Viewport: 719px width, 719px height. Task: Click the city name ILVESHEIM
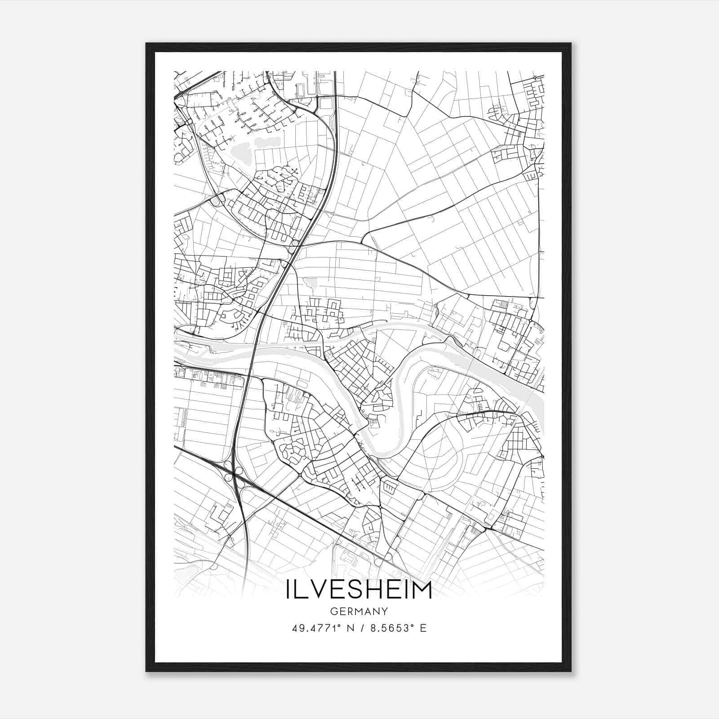tap(359, 590)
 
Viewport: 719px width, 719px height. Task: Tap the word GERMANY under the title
tap(359, 612)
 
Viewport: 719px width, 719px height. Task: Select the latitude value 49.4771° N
tap(320, 628)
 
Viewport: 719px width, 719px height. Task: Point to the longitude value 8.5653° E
tap(398, 628)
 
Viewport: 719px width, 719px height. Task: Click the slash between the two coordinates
tap(362, 628)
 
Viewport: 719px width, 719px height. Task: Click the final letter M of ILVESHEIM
tap(422, 590)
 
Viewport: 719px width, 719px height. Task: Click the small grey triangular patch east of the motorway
tap(310, 283)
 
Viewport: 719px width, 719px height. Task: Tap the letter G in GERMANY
tap(333, 612)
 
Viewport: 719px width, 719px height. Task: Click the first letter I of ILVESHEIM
tap(288, 590)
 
